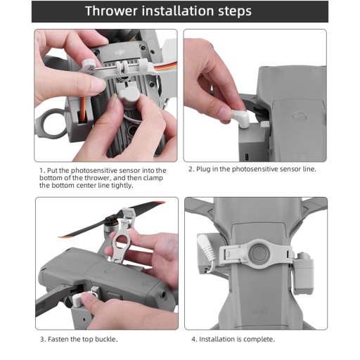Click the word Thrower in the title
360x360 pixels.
click(111, 11)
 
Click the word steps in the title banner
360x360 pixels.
click(235, 12)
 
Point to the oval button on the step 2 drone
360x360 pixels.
click(300, 117)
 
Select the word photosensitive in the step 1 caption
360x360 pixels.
click(95, 171)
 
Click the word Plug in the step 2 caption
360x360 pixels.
click(203, 169)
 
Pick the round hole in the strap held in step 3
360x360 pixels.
click(122, 240)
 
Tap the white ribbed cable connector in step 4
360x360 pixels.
click(207, 249)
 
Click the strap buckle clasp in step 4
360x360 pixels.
click(231, 255)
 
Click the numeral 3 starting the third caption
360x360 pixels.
click(42, 340)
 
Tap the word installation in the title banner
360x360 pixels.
click(178, 11)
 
